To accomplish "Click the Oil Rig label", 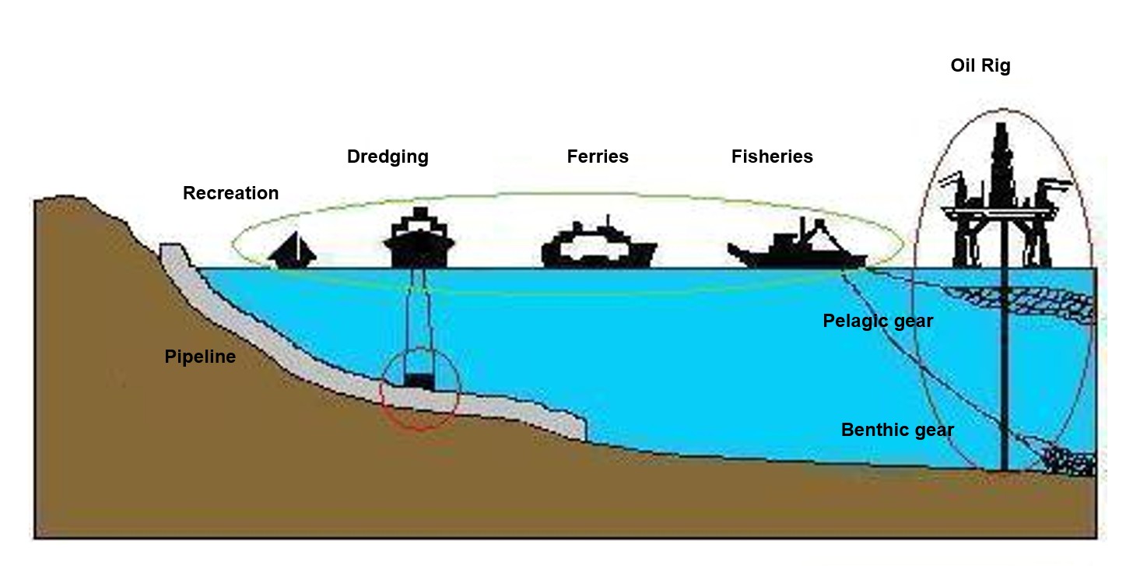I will pos(980,65).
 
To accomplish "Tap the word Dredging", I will pos(388,156).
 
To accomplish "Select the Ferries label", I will pos(597,156).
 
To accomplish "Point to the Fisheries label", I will pos(771,156).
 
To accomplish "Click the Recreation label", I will pos(230,192).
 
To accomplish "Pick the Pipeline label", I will pos(200,357).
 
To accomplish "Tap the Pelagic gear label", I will pos(877,321).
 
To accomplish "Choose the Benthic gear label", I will pos(896,430).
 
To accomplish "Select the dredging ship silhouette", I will pos(419,237).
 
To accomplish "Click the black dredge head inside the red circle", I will pos(420,380).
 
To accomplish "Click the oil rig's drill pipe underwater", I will pos(1004,374).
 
